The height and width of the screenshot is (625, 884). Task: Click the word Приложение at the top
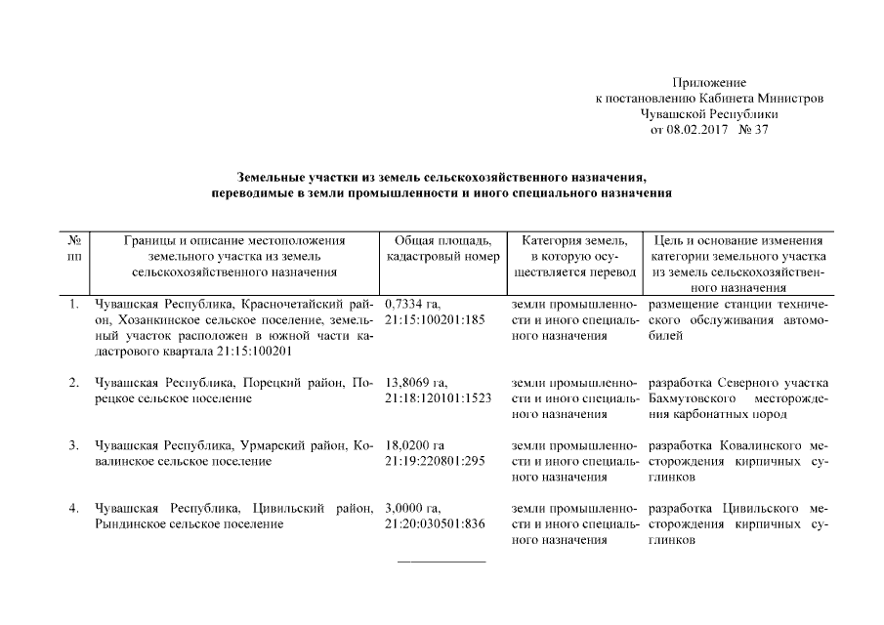pyautogui.click(x=710, y=83)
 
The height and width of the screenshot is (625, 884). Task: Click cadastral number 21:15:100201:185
pyautogui.click(x=436, y=320)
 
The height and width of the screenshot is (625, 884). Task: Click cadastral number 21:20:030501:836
pyautogui.click(x=436, y=524)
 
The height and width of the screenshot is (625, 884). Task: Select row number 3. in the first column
pyautogui.click(x=74, y=446)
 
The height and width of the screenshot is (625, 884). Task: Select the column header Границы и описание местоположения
pyautogui.click(x=235, y=240)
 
